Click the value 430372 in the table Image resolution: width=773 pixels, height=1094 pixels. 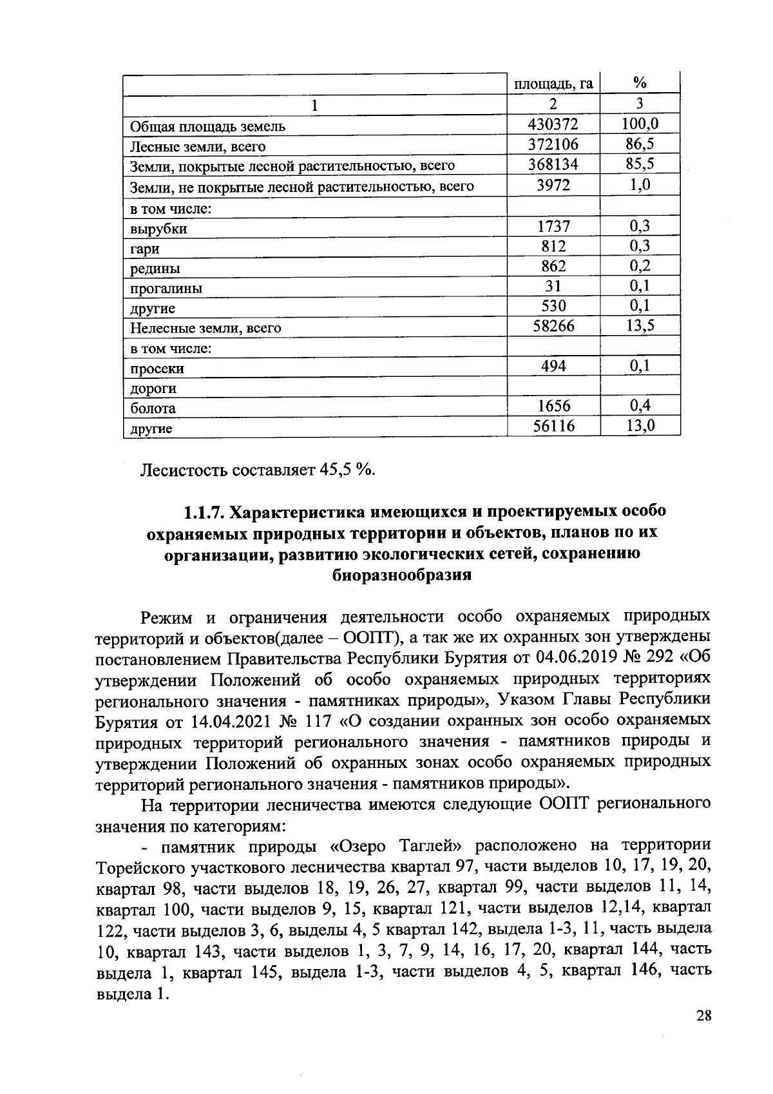pos(553,124)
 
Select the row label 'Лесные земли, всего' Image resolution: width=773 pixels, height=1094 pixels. pos(198,147)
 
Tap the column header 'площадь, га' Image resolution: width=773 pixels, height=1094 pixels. pos(553,84)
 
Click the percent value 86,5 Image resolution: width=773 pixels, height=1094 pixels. pos(640,144)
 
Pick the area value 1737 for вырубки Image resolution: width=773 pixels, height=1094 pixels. pos(553,226)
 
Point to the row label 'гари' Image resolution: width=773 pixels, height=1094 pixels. pos(145,249)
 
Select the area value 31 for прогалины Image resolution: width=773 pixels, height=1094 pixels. pos(553,286)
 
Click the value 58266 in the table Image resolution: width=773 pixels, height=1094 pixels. pos(553,326)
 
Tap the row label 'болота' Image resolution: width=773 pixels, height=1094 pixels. pos(153,408)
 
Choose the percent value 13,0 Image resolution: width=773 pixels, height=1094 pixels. pos(640,425)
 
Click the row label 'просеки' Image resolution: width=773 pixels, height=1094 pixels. pos(157,369)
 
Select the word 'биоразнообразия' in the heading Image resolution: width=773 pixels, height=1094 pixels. pos(401,575)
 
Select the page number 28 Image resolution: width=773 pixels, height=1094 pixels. pos(703,1016)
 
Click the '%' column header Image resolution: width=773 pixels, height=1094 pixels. pos(640,82)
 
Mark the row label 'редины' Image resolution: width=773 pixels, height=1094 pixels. pos(155,269)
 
